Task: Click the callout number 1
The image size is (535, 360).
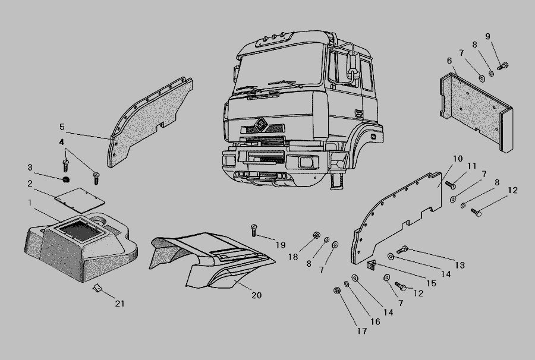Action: click(30, 203)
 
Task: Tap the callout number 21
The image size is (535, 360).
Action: click(119, 304)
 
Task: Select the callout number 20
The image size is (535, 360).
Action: click(257, 295)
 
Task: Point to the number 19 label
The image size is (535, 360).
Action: click(281, 245)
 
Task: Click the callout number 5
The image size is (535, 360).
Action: click(62, 127)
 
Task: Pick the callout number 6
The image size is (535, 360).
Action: click(449, 61)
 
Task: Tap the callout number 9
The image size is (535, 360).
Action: click(487, 36)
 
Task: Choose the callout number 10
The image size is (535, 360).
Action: click(458, 159)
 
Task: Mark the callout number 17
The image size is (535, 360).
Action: click(362, 331)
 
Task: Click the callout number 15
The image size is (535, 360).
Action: click(432, 283)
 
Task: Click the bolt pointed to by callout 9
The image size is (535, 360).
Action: click(502, 65)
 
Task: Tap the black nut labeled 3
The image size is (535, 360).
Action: click(66, 179)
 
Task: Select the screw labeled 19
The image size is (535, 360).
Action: click(253, 230)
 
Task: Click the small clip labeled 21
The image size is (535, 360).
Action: click(97, 288)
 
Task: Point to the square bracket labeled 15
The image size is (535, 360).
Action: click(371, 265)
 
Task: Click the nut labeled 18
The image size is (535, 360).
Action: click(316, 235)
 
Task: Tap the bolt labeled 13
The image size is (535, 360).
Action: click(402, 250)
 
